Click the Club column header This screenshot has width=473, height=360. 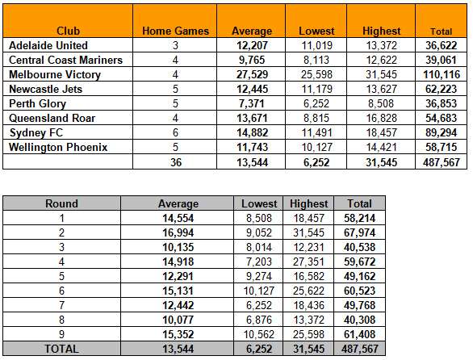pos(68,31)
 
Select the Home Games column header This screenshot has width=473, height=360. pos(176,31)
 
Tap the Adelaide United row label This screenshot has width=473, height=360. pos(48,45)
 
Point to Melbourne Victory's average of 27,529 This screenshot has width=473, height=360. pos(252,74)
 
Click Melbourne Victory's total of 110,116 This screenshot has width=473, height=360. pos(442,74)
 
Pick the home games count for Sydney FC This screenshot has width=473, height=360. pos(175,132)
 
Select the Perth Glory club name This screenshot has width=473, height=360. pos(37,103)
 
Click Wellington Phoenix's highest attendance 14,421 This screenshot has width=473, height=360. pos(381,147)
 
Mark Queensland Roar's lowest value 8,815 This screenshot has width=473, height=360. pos(316,118)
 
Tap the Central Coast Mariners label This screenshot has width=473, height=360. pos(65,60)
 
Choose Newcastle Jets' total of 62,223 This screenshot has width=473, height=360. pos(442,89)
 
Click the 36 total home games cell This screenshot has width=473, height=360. pos(176,162)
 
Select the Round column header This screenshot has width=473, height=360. pos(61,203)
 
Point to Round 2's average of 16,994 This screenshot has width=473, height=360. pos(178,233)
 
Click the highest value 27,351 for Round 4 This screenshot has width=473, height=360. pos(308,262)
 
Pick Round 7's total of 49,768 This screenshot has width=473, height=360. pos(359,305)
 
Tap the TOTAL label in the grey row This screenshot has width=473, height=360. pos(61,350)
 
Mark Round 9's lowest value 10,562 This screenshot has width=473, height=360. pos(259,334)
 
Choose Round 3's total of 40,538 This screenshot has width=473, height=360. pos(359,248)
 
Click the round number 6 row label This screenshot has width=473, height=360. pos(61,291)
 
